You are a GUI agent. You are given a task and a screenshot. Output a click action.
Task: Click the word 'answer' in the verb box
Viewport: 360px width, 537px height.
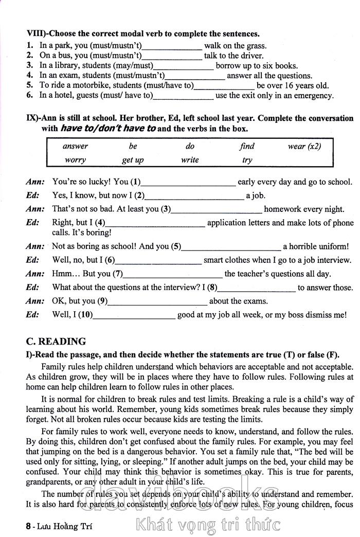click(x=75, y=146)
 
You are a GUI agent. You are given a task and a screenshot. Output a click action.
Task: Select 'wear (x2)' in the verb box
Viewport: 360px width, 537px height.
click(x=304, y=146)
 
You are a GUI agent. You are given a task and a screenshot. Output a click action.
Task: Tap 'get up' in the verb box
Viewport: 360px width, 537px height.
click(x=133, y=160)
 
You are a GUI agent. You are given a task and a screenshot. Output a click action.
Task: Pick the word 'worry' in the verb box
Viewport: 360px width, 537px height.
click(x=75, y=160)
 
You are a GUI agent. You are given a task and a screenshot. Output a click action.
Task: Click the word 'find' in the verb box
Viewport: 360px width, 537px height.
click(x=247, y=146)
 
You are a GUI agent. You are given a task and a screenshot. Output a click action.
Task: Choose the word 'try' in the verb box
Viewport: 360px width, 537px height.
click(x=247, y=160)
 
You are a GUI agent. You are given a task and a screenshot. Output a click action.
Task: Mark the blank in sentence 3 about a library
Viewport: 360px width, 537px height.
click(x=183, y=66)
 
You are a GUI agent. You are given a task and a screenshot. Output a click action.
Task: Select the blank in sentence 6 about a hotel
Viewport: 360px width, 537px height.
click(x=183, y=96)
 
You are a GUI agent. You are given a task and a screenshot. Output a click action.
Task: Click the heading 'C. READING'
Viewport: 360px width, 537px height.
click(x=56, y=342)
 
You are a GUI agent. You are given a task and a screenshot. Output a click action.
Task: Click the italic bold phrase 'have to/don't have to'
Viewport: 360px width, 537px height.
click(x=108, y=129)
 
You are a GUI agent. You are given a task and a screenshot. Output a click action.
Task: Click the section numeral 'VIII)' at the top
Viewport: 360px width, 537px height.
click(x=35, y=34)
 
